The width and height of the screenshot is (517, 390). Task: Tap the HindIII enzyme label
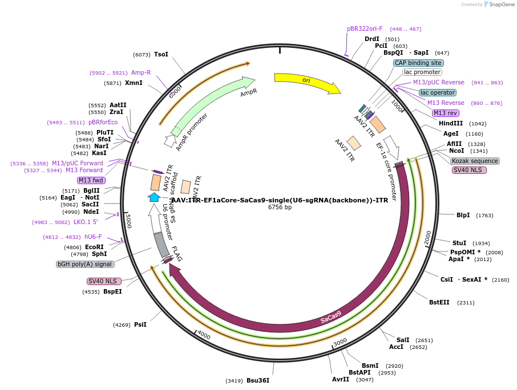(x=450, y=123)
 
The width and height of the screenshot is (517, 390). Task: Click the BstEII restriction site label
(x=439, y=302)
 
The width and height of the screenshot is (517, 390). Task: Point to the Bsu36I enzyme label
(x=258, y=380)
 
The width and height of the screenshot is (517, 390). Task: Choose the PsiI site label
(x=140, y=324)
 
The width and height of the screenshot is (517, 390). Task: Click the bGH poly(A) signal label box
(x=85, y=264)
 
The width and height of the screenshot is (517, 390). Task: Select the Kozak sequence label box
(x=475, y=161)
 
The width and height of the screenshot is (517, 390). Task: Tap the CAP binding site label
(x=418, y=63)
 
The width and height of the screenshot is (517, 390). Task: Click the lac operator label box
(x=437, y=92)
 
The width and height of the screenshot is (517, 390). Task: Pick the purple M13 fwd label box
(x=91, y=180)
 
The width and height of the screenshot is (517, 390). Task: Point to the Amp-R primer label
(x=141, y=72)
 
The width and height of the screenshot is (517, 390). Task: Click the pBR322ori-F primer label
(x=365, y=29)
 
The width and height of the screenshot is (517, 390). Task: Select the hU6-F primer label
(x=93, y=237)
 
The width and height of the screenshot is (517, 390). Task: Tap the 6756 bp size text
(x=280, y=207)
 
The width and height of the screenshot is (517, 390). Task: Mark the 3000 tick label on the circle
(x=340, y=341)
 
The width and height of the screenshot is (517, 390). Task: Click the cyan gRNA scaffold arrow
(x=154, y=197)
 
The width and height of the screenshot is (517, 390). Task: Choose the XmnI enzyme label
(x=134, y=83)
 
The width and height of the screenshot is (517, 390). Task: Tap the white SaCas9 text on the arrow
(x=331, y=317)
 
